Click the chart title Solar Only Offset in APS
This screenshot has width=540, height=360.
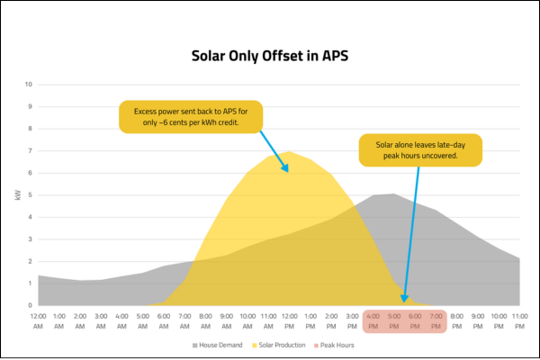point(269,55)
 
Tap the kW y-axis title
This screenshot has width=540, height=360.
point(18,194)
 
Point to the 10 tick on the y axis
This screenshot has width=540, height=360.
point(28,85)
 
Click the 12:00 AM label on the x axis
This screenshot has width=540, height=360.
point(39,319)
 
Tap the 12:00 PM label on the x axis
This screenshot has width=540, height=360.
point(290,319)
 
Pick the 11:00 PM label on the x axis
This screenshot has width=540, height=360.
point(519,319)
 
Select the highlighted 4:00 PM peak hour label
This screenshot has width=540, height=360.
point(373,319)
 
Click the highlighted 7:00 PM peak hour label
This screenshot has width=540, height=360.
point(436,319)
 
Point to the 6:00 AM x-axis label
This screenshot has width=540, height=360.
point(164,319)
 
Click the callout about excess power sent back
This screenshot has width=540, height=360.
point(190,114)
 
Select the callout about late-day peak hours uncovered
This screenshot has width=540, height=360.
point(421,149)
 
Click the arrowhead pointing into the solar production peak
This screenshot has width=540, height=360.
point(286,168)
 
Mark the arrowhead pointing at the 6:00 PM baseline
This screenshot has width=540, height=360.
point(405,300)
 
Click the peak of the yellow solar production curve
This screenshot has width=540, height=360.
point(289,151)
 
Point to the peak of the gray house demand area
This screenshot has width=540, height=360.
point(393,193)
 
